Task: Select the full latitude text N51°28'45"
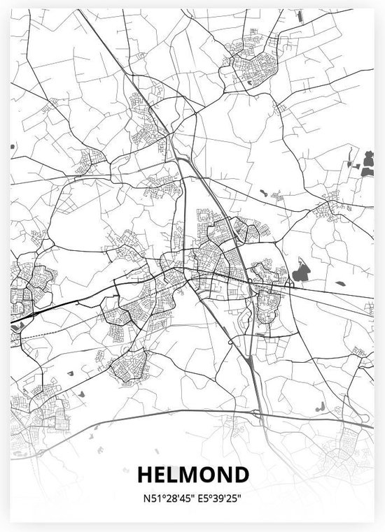point(167,500)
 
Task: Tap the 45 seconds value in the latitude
point(179,500)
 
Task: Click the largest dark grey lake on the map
point(301,271)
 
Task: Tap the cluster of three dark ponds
point(364,162)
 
